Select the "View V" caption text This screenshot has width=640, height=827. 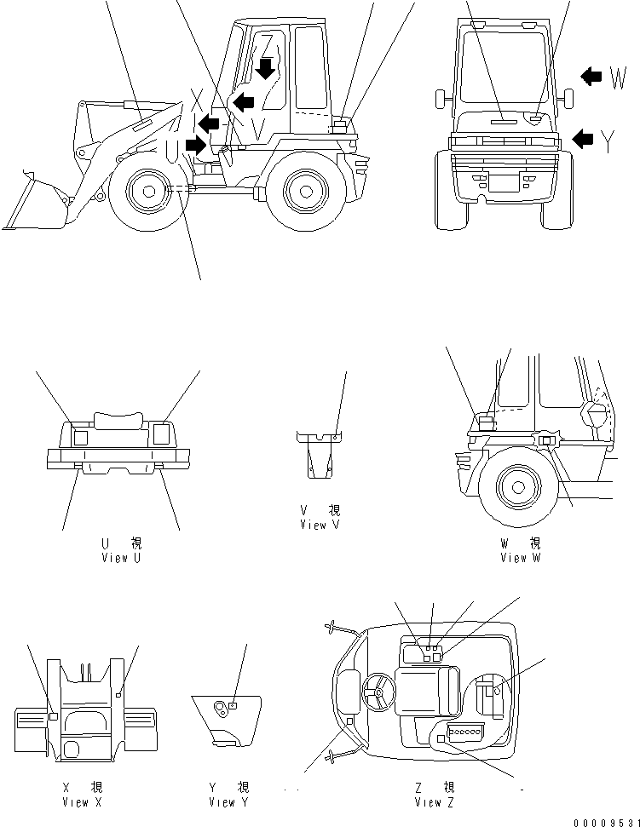(x=320, y=525)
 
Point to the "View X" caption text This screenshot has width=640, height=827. (x=82, y=802)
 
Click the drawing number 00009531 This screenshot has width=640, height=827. (x=607, y=821)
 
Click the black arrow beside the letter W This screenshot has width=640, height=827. (x=591, y=77)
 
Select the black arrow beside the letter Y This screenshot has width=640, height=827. (x=583, y=138)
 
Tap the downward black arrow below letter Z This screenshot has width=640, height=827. (x=267, y=68)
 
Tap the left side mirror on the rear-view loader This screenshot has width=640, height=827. (x=441, y=98)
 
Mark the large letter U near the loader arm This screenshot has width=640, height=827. (x=173, y=151)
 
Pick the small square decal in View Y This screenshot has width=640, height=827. (x=232, y=705)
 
